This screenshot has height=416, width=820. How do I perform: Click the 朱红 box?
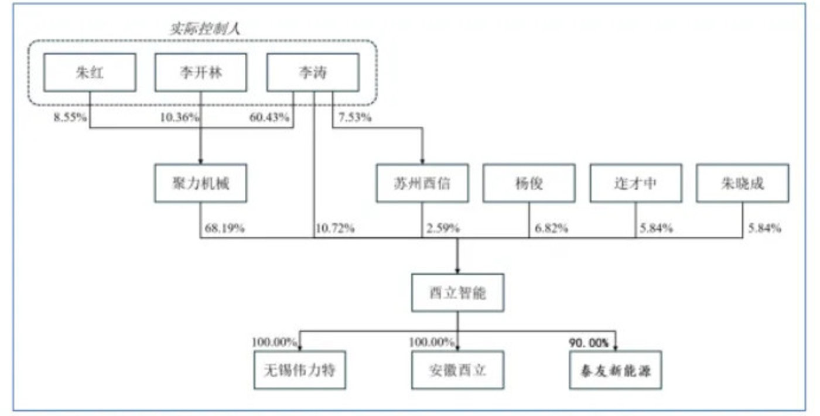click(90, 73)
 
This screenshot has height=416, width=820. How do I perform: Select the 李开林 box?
click(200, 73)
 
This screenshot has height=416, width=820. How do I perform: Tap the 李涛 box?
click(313, 73)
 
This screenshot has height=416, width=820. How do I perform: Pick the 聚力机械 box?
click(200, 183)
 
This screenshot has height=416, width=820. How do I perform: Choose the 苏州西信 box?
click(422, 183)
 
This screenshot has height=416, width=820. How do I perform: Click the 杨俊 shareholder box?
click(529, 183)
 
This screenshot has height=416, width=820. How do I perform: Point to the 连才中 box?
click(636, 183)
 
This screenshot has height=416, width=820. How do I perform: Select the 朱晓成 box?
click(743, 183)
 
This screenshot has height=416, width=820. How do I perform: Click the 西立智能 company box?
click(457, 292)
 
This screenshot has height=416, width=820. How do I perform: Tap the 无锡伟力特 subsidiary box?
click(300, 370)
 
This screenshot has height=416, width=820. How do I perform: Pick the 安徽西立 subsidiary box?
click(457, 370)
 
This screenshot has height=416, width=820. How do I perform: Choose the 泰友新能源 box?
click(616, 370)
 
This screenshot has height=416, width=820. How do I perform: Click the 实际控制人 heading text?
click(205, 29)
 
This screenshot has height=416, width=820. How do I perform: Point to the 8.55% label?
click(70, 117)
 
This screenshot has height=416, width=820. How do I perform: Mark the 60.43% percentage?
click(269, 117)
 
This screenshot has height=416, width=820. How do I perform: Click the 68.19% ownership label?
click(224, 228)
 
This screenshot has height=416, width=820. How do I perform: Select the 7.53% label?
click(355, 117)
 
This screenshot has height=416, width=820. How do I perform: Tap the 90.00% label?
click(589, 343)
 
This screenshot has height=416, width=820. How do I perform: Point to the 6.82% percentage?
click(551, 228)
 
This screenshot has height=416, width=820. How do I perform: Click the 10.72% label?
click(335, 228)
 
